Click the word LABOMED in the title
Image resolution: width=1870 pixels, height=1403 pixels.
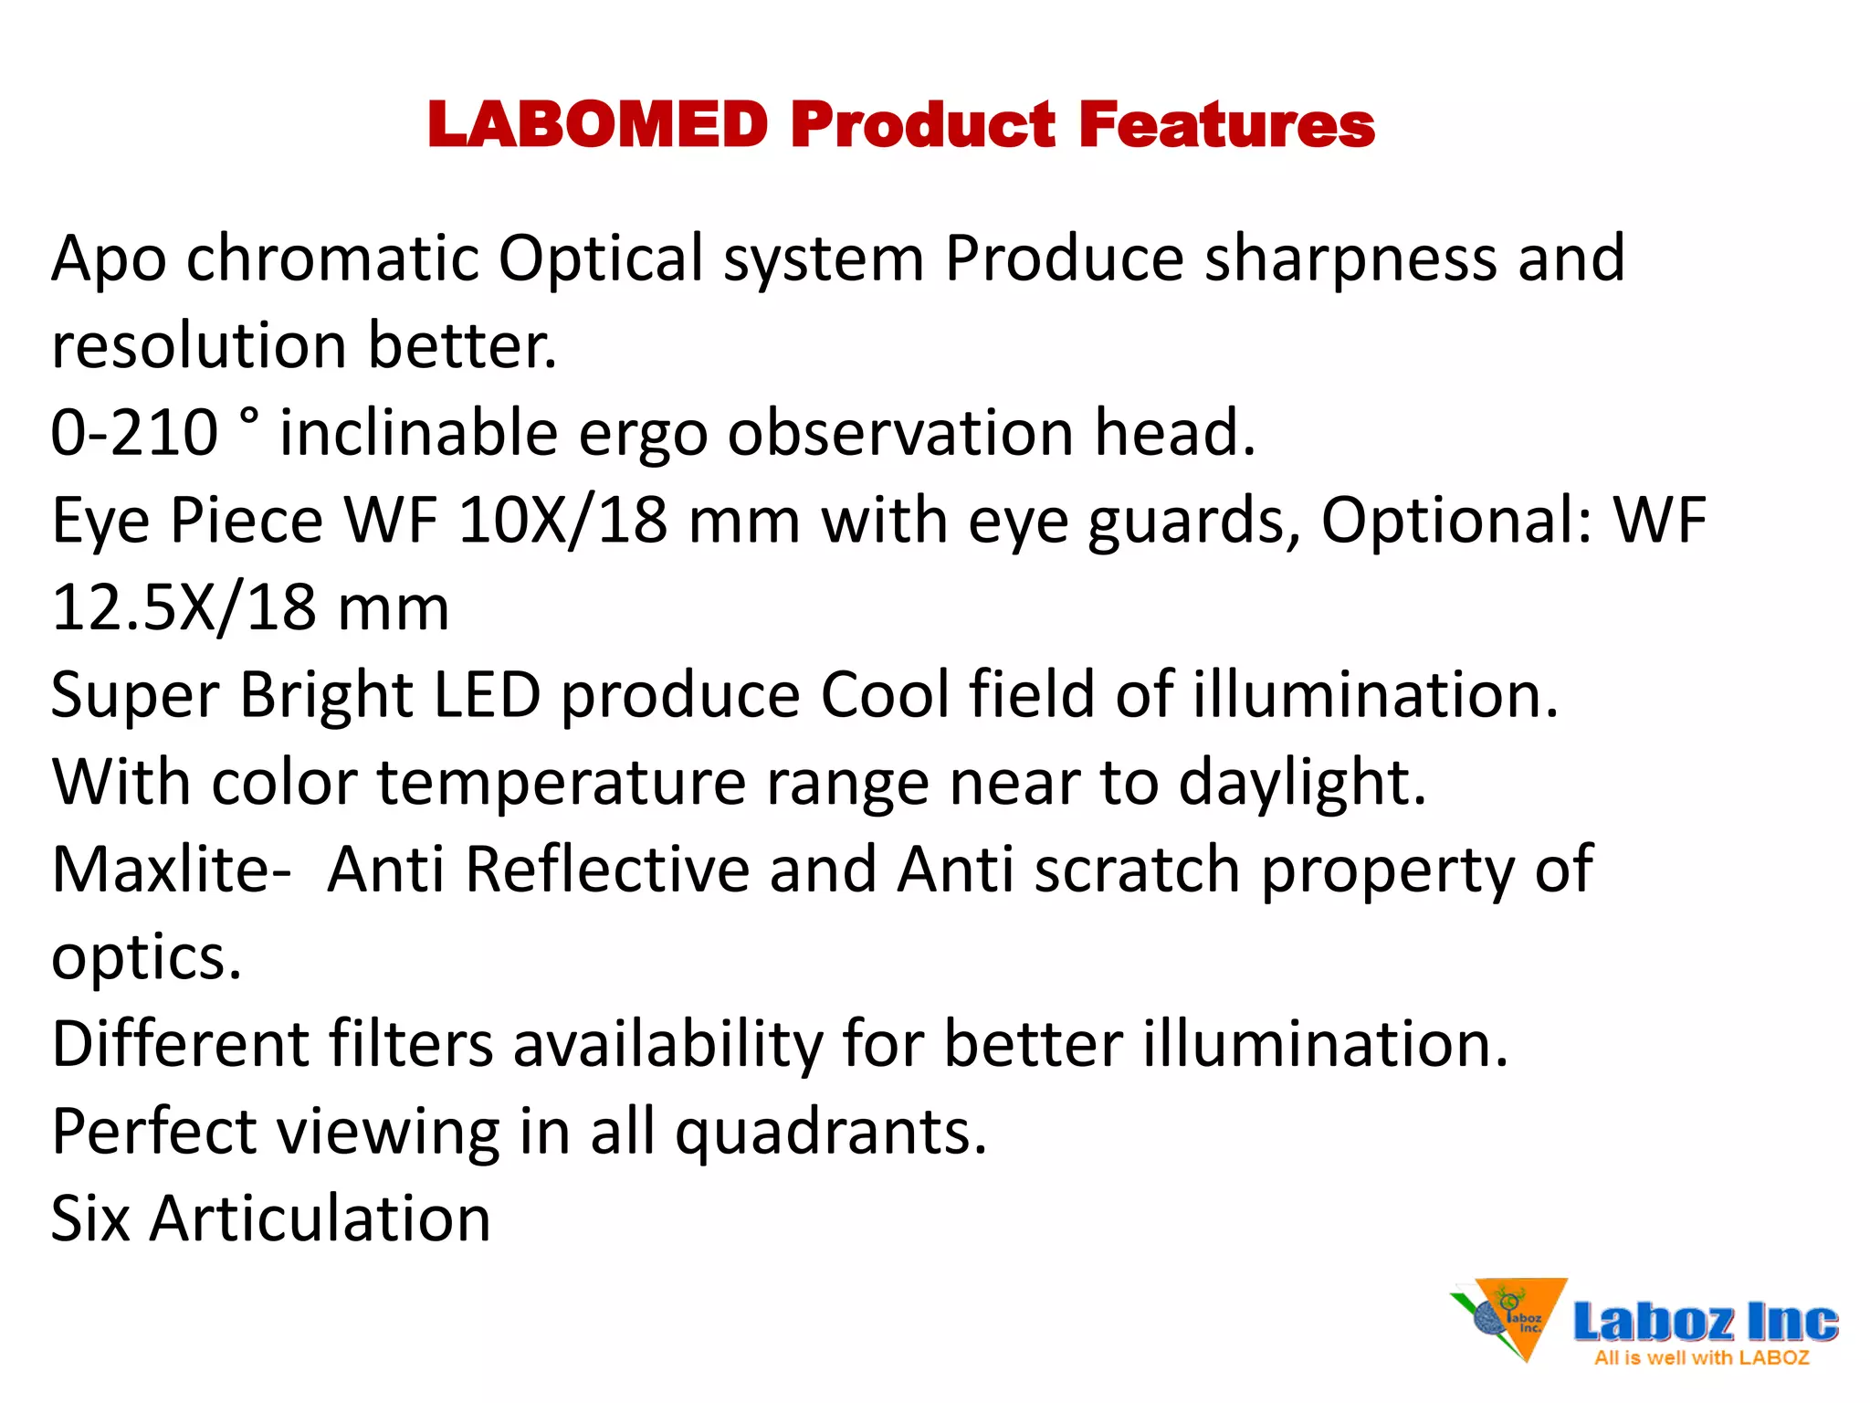coord(598,125)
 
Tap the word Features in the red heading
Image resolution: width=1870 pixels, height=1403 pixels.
coord(1226,125)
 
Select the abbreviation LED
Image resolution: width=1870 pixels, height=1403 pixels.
coord(487,695)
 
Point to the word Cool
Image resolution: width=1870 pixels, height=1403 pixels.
coord(885,695)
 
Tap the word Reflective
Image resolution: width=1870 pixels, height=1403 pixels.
coord(607,870)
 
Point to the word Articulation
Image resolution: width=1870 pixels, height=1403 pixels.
coord(320,1219)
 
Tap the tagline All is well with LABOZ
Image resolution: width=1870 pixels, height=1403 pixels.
coord(1701,1358)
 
